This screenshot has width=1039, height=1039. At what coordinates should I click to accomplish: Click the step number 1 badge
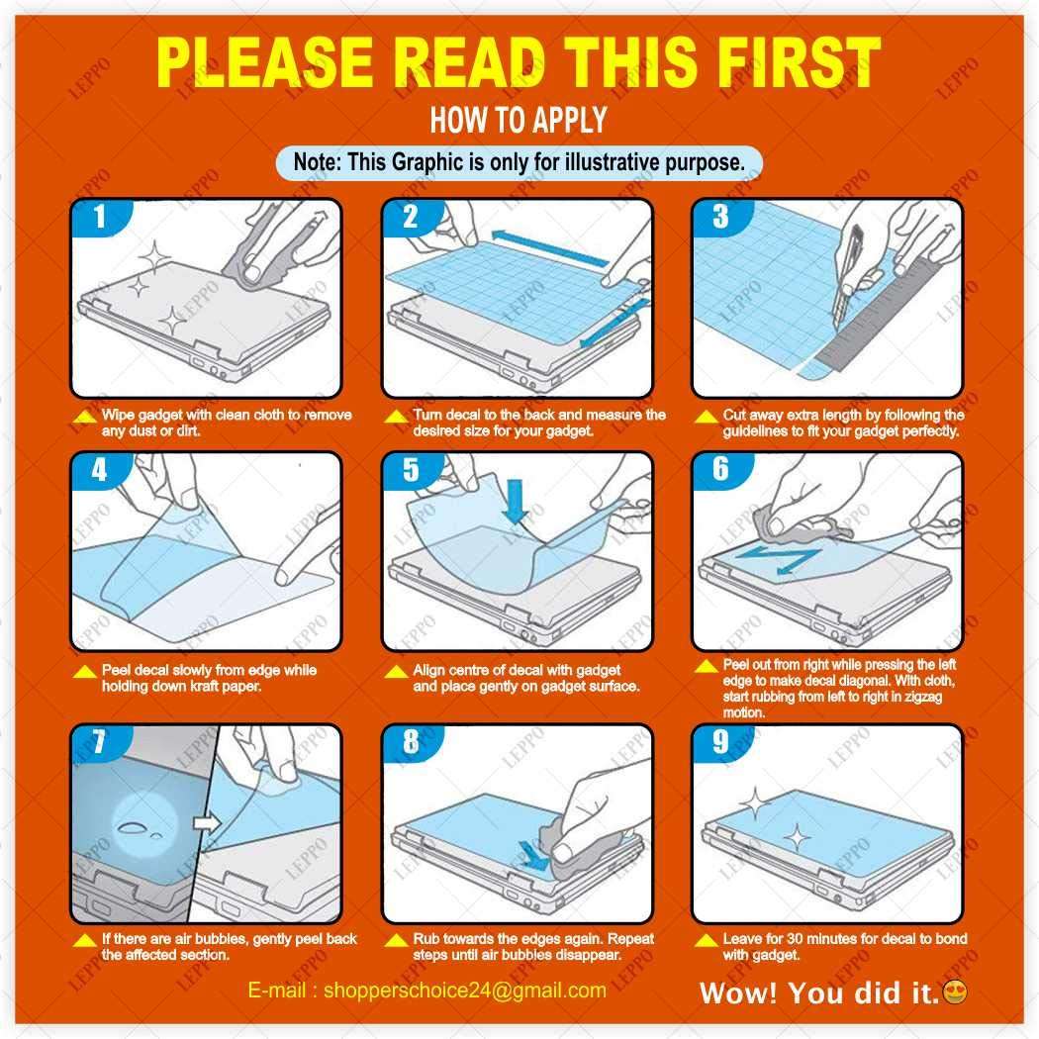(x=99, y=217)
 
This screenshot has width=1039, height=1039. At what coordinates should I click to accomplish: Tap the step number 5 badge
(x=411, y=469)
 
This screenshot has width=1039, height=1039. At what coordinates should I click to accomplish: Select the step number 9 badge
(x=721, y=741)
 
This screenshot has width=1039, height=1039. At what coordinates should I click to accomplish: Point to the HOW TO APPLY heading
(x=519, y=120)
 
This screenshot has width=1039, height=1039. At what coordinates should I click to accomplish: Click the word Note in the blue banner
(x=316, y=161)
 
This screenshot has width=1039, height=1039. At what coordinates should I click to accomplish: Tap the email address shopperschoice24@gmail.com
(x=465, y=990)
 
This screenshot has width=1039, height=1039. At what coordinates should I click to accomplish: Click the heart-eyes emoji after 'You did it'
(x=954, y=992)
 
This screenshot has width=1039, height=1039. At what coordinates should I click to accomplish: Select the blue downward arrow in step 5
(x=515, y=503)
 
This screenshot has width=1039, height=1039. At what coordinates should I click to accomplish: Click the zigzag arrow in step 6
(x=780, y=560)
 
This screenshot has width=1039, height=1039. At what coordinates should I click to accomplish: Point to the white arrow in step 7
(x=207, y=823)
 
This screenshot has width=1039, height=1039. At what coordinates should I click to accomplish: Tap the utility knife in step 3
(x=848, y=273)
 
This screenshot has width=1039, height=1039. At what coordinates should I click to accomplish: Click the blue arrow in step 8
(x=534, y=856)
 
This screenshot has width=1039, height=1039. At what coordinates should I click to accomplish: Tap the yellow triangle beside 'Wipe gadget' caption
(x=85, y=417)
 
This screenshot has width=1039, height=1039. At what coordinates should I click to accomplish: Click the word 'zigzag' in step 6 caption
(x=921, y=696)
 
